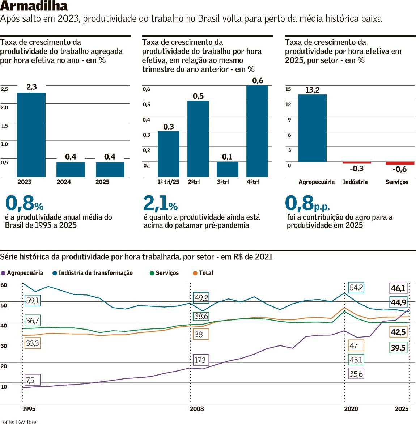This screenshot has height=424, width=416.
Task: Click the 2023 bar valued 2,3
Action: click(x=31, y=135)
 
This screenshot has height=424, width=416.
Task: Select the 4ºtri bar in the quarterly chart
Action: click(x=257, y=131)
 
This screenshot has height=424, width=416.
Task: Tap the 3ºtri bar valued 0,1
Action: click(x=228, y=169)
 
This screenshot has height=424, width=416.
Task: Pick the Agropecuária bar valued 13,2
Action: click(x=312, y=128)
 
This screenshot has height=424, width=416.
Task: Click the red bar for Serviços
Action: click(x=400, y=163)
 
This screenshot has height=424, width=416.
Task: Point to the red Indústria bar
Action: click(x=357, y=162)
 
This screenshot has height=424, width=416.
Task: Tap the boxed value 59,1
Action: click(x=33, y=300)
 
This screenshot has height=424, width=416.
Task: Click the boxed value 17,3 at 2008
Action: click(x=200, y=360)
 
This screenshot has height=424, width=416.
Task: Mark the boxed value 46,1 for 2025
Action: click(x=398, y=288)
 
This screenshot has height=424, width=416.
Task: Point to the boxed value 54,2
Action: click(x=356, y=288)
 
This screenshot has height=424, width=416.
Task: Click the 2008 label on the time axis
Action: click(x=197, y=409)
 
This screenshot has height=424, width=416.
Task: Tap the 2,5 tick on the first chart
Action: click(x=4, y=89)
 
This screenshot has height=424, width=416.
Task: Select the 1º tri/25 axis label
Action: click(x=168, y=182)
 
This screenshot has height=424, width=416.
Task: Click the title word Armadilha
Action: click(x=34, y=6)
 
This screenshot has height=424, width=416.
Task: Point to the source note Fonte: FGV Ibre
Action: click(x=18, y=421)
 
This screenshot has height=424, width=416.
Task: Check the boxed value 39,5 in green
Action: click(x=398, y=348)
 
